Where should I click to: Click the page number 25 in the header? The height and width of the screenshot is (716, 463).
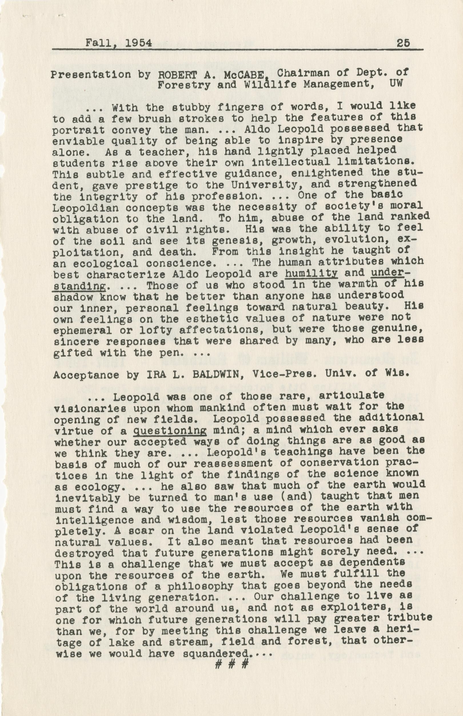403,43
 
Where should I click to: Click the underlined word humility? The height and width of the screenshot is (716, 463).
311,273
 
